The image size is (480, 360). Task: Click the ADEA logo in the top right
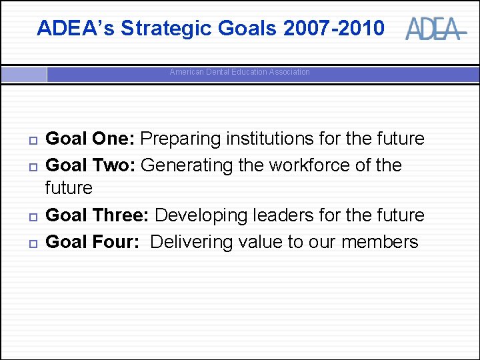point(433,29)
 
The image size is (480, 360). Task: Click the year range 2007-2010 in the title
point(333,28)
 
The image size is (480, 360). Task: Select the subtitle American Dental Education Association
point(239,72)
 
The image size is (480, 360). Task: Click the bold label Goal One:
point(90,139)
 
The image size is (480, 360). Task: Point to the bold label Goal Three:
point(97,215)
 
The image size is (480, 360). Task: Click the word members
point(379,241)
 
